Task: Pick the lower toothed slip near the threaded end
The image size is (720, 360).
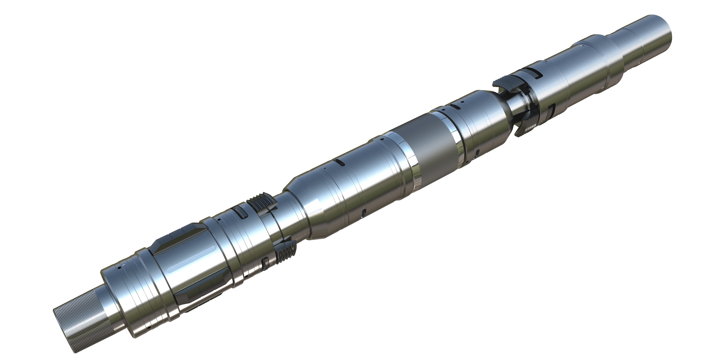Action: pyautogui.click(x=285, y=253)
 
